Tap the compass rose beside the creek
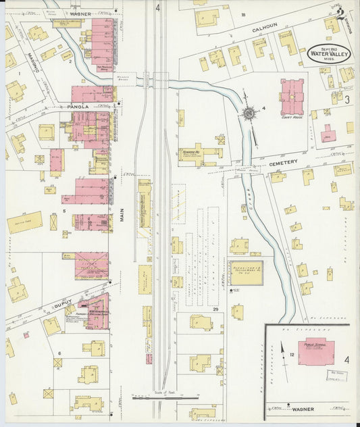coord(249,114)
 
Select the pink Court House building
coord(292,97)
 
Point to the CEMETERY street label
coord(282,163)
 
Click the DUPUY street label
coord(62,305)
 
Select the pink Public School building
coord(319,350)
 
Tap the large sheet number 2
coord(343,10)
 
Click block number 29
coord(215,309)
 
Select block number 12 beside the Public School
coord(292,353)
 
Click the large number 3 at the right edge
coord(346,100)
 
